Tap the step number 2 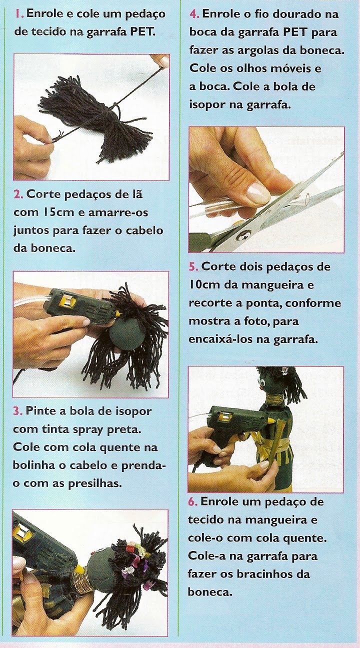point(18,194)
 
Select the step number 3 point(17,411)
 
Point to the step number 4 point(194,14)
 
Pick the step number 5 point(193,266)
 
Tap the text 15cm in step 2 point(46,212)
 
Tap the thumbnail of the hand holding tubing point(256,190)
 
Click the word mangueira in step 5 point(277,285)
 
